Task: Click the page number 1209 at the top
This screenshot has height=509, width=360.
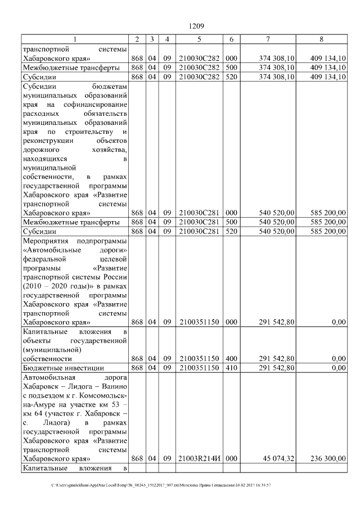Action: point(196,26)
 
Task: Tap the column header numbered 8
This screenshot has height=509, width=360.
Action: point(321,39)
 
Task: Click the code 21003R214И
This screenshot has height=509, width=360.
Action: point(199,458)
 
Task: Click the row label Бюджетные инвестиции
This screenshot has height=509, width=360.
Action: point(59,368)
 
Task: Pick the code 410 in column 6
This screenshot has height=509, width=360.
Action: point(231,368)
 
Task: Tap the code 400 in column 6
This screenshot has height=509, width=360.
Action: point(231,358)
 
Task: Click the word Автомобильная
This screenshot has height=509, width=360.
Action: point(47,379)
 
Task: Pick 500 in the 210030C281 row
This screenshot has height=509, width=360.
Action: point(231,222)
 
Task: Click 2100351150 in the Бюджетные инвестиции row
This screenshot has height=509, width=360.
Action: point(199,368)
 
